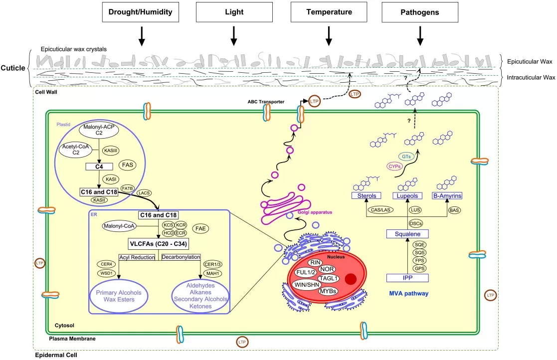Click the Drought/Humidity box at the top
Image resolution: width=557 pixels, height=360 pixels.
141,12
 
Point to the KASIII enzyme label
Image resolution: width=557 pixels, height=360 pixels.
111,149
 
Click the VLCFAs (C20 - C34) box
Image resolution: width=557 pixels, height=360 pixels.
159,244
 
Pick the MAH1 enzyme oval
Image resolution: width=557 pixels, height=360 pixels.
212,273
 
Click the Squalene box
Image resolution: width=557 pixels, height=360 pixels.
407,233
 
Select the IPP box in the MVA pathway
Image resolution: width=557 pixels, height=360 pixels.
407,278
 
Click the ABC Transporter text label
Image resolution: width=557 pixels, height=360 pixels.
266,102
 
